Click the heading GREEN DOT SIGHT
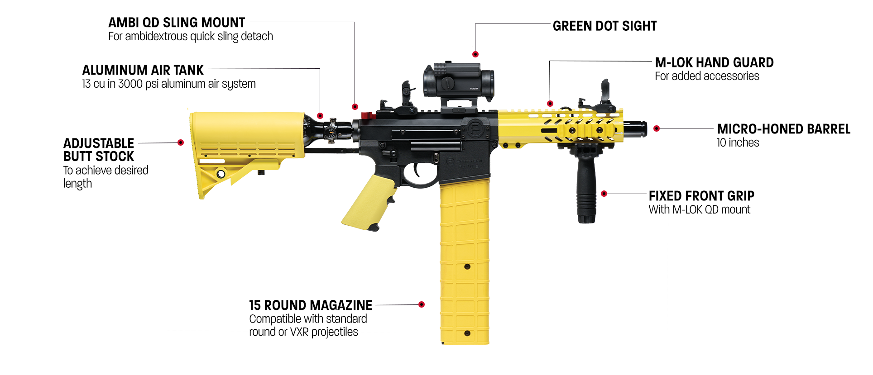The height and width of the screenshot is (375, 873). point(604,26)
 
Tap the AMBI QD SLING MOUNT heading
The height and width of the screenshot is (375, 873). point(177,23)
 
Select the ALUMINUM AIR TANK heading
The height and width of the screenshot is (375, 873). point(143,70)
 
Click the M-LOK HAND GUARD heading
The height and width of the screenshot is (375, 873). point(714,62)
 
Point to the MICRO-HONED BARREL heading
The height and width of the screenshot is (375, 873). point(783,129)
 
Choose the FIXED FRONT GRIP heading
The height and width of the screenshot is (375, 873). point(701,196)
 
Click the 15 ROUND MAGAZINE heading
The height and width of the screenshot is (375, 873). point(311,305)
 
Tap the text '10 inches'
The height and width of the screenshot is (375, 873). point(738,143)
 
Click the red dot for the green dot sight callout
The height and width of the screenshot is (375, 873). point(475,54)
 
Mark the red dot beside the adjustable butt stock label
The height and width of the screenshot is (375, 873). point(181,142)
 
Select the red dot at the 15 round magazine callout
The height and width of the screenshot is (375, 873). point(422,304)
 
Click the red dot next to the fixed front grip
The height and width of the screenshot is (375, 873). point(604,194)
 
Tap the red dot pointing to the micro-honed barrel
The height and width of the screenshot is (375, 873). point(657,128)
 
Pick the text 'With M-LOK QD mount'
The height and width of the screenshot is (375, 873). point(699,209)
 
